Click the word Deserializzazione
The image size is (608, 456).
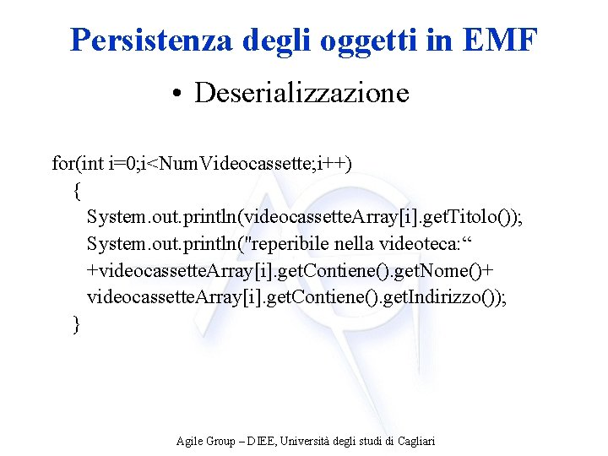point(301,92)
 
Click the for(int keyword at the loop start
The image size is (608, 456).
point(79,162)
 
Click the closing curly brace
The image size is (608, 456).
point(78,323)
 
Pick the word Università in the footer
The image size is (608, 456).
point(309,441)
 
